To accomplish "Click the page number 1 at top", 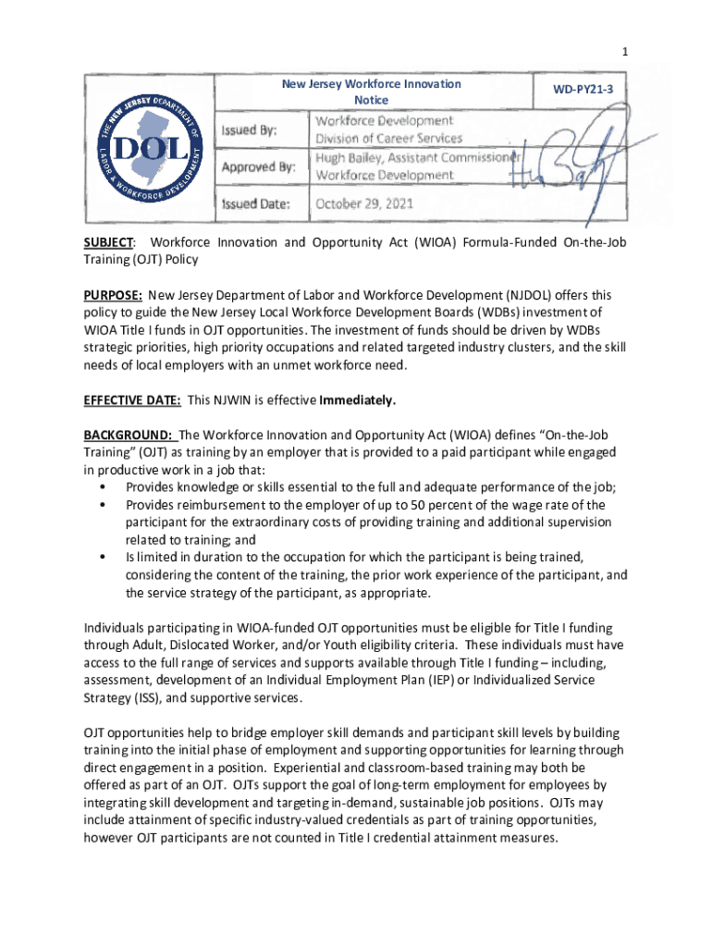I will (626, 53).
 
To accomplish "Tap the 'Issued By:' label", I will (252, 130).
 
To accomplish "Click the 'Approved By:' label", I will (258, 167).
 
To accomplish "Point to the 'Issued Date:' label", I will (256, 203).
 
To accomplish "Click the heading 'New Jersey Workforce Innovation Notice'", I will (371, 92).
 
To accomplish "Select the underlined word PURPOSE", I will (113, 295).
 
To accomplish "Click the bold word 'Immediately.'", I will (358, 400).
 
